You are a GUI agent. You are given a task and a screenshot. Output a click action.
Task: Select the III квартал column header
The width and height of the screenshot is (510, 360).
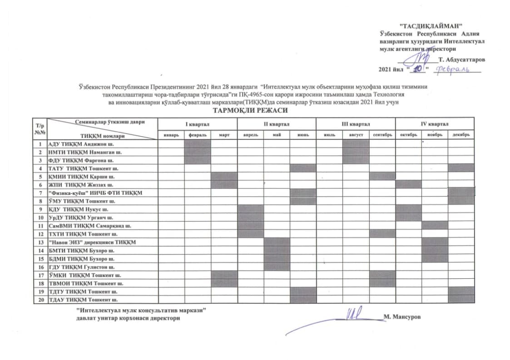(355, 124)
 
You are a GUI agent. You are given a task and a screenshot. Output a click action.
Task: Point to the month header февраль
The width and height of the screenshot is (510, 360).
(198, 135)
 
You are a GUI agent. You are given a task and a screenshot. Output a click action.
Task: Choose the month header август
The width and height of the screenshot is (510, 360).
(356, 135)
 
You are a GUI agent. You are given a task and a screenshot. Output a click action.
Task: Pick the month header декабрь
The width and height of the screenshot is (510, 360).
(460, 135)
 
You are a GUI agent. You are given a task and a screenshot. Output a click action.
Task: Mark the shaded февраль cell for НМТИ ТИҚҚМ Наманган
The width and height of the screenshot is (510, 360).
(198, 152)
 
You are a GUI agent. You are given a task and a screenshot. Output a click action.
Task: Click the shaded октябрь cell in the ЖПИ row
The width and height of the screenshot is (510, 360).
(408, 184)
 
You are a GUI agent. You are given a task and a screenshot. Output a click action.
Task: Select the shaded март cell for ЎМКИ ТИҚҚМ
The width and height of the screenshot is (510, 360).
(224, 275)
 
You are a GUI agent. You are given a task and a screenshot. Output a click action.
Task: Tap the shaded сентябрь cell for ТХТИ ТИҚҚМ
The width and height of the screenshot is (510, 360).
(382, 234)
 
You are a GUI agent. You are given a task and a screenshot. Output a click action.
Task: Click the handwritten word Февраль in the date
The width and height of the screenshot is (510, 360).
(455, 69)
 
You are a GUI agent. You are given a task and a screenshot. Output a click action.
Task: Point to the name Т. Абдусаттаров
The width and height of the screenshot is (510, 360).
(461, 59)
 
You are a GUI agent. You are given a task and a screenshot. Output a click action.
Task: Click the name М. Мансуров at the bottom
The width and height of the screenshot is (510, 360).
(402, 317)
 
